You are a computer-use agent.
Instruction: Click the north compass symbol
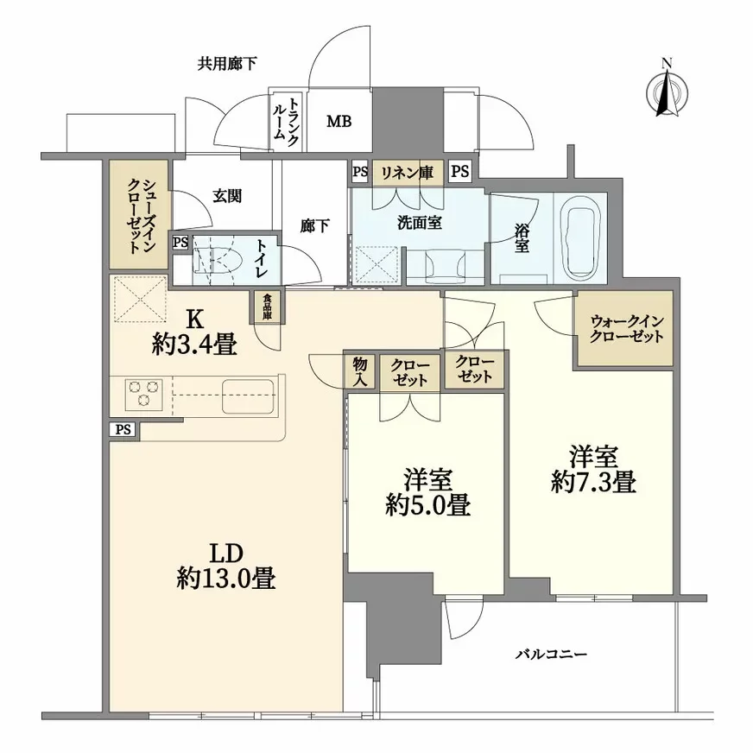pyautogui.click(x=666, y=91)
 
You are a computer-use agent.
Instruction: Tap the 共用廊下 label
pyautogui.click(x=227, y=63)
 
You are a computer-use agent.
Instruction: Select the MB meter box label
pyautogui.click(x=338, y=122)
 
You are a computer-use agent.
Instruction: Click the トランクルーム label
pyautogui.click(x=284, y=122)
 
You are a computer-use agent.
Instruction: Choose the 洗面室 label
pyautogui.click(x=419, y=222)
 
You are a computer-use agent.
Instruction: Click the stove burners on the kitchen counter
pyautogui.click(x=143, y=395)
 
